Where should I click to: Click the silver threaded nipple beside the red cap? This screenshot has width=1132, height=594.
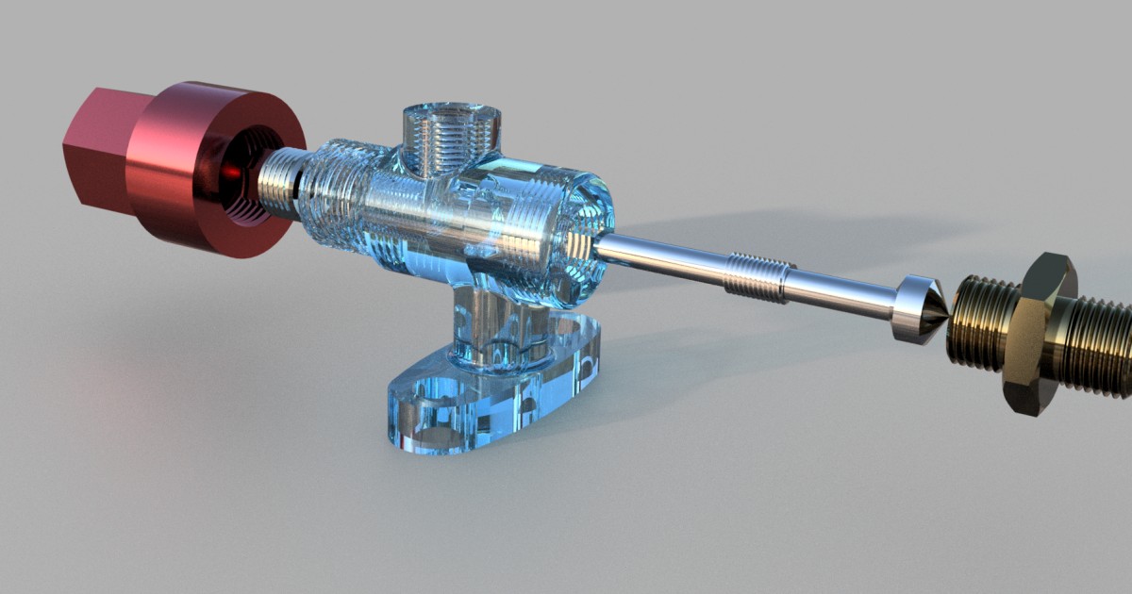(x=278, y=184)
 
